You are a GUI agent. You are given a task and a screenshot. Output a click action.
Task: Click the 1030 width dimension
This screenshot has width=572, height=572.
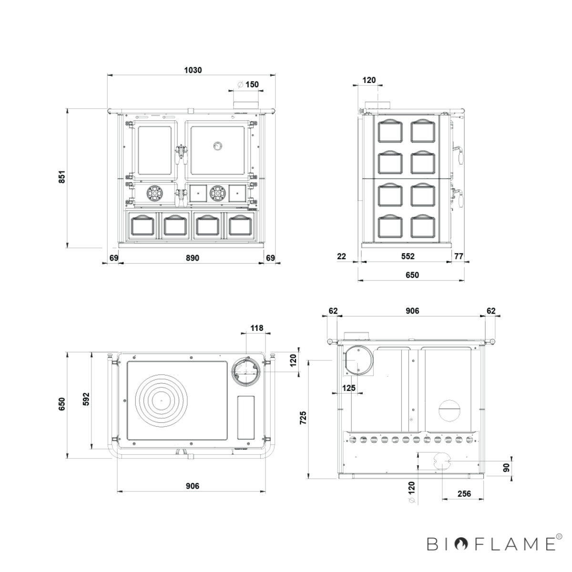pyautogui.click(x=193, y=70)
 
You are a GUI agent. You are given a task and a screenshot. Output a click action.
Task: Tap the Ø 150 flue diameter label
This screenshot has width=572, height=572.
pyautogui.click(x=248, y=84)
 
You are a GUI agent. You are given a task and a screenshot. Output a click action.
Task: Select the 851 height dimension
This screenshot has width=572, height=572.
pyautogui.click(x=62, y=177)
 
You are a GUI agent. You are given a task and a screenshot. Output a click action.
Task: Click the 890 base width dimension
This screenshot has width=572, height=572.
pyautogui.click(x=193, y=258)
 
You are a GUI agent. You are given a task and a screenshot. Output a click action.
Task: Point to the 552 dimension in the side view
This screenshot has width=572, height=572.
pyautogui.click(x=408, y=256)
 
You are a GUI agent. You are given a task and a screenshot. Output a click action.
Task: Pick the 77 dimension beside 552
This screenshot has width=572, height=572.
pyautogui.click(x=459, y=256)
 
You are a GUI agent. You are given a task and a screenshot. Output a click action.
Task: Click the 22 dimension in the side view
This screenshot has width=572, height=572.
pyautogui.click(x=342, y=256)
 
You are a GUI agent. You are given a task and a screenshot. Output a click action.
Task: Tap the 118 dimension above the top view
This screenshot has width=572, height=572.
pyautogui.click(x=257, y=328)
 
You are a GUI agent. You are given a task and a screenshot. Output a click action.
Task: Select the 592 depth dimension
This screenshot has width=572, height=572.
pyautogui.click(x=86, y=399)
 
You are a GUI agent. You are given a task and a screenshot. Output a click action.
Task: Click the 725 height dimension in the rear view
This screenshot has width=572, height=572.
pyautogui.click(x=303, y=418)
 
